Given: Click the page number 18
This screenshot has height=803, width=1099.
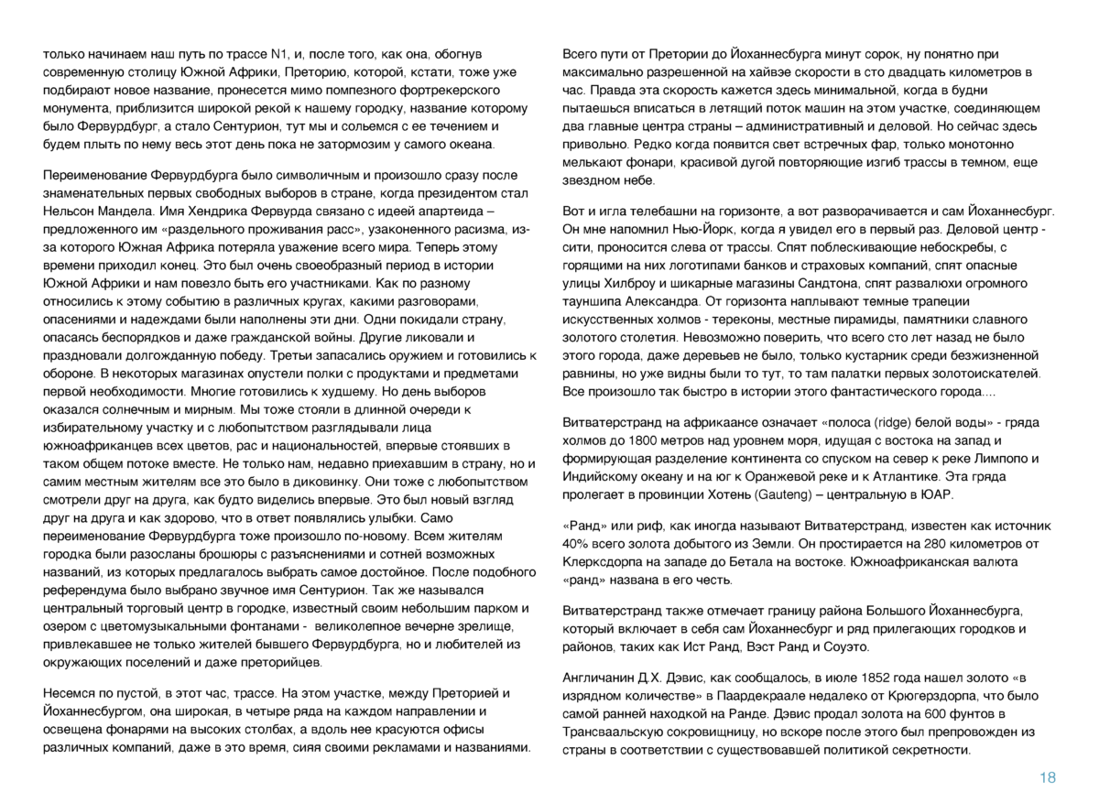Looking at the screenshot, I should [1048, 777].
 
